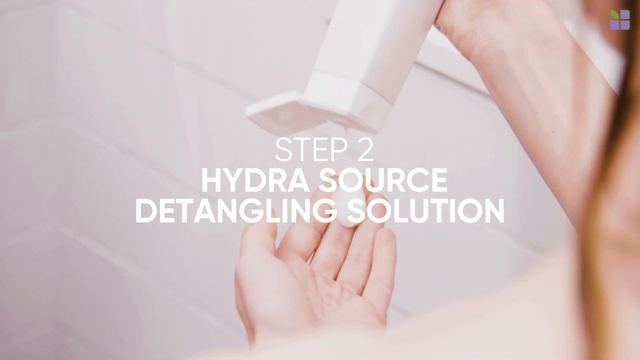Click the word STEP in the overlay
[x=308, y=150]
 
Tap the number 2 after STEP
[x=364, y=150]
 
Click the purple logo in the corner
[x=620, y=20]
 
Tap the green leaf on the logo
[x=614, y=15]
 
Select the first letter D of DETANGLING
[x=145, y=211]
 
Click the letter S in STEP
[x=282, y=150]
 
